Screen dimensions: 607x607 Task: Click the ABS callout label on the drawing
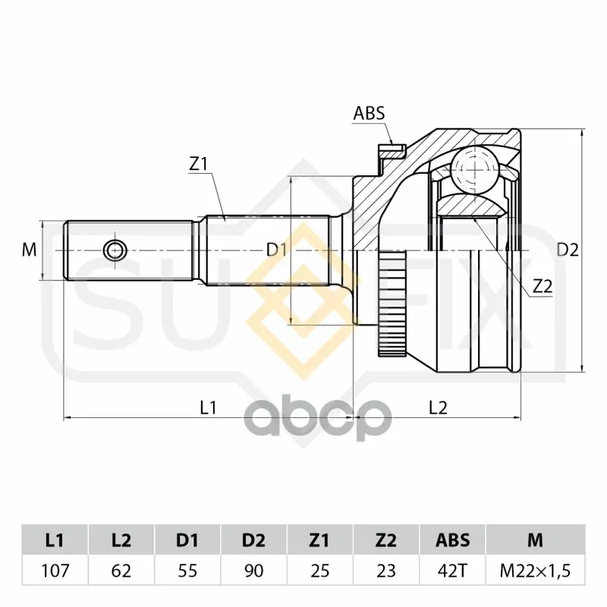click(369, 113)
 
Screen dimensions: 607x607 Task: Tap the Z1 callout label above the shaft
click(198, 165)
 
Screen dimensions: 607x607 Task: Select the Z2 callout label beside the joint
click(543, 287)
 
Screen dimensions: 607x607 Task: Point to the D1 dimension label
click(276, 250)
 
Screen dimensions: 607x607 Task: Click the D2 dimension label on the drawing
click(568, 250)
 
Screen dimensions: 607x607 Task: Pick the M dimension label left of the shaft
click(29, 250)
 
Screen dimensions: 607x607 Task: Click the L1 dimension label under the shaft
click(208, 407)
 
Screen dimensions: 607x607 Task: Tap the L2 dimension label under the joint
click(438, 407)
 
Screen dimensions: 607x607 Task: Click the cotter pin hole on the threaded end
click(115, 250)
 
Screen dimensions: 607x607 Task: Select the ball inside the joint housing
click(476, 168)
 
